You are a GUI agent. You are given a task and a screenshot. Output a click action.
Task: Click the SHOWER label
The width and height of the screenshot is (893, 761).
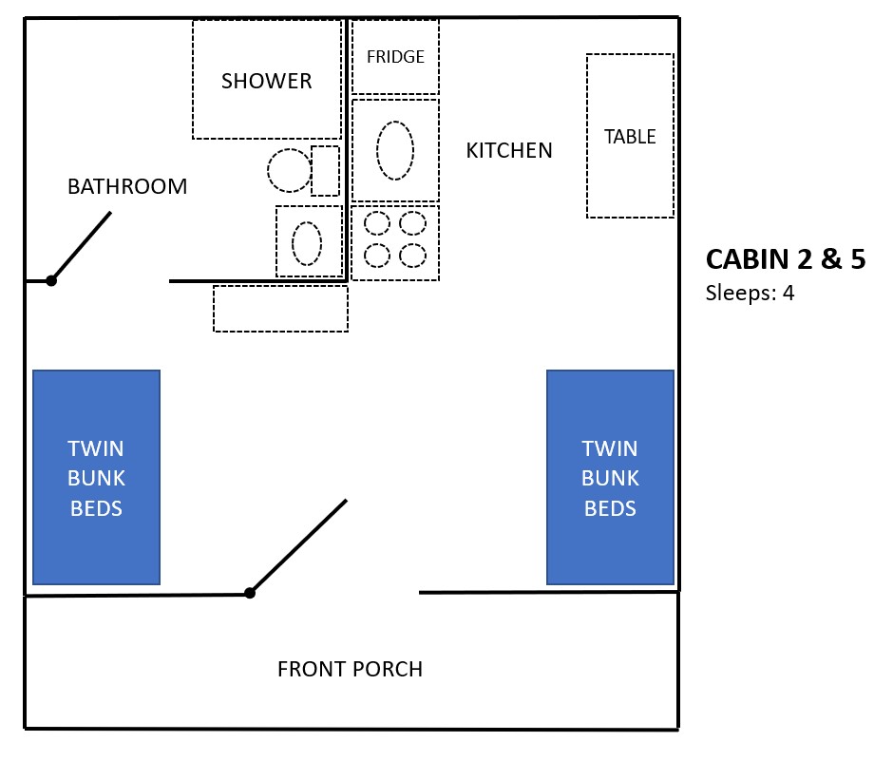click(266, 81)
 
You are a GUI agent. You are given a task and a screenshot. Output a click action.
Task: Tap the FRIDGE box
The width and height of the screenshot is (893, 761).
click(395, 56)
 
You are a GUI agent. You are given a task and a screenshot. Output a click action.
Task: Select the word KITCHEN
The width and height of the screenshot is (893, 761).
click(509, 150)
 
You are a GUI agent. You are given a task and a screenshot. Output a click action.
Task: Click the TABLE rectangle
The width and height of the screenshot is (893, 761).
click(630, 136)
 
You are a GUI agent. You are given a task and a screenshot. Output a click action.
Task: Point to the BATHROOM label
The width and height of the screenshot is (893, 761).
click(127, 186)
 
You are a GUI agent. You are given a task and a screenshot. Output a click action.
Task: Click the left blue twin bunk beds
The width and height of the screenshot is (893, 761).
click(96, 477)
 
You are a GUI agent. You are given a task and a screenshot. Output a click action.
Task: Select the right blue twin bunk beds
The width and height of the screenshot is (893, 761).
click(610, 477)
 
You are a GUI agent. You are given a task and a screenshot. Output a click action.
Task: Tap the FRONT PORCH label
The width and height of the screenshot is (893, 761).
click(350, 669)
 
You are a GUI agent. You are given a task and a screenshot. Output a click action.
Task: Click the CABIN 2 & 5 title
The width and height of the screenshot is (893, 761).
click(785, 259)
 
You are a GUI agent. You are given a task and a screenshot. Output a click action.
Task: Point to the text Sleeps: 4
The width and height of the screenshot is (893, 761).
click(750, 293)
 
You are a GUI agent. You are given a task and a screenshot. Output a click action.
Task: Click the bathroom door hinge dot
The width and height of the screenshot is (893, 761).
click(51, 280)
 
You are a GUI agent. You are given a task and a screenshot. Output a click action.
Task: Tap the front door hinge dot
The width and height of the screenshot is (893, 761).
click(250, 593)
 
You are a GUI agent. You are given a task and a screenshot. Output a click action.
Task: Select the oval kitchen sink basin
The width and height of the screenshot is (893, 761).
click(395, 150)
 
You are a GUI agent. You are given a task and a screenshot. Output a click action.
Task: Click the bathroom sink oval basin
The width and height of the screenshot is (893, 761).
click(307, 242)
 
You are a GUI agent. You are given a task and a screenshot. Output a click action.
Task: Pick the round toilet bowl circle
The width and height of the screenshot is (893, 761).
click(289, 171)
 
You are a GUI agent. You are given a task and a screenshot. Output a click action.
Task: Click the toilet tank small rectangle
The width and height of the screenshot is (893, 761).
click(325, 170)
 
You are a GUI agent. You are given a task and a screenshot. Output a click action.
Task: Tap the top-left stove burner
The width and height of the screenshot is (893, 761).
click(378, 223)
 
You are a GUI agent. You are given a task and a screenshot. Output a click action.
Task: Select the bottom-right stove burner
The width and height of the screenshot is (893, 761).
click(412, 256)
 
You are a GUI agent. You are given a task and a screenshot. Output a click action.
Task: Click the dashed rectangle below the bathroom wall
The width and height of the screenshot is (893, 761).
click(280, 309)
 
